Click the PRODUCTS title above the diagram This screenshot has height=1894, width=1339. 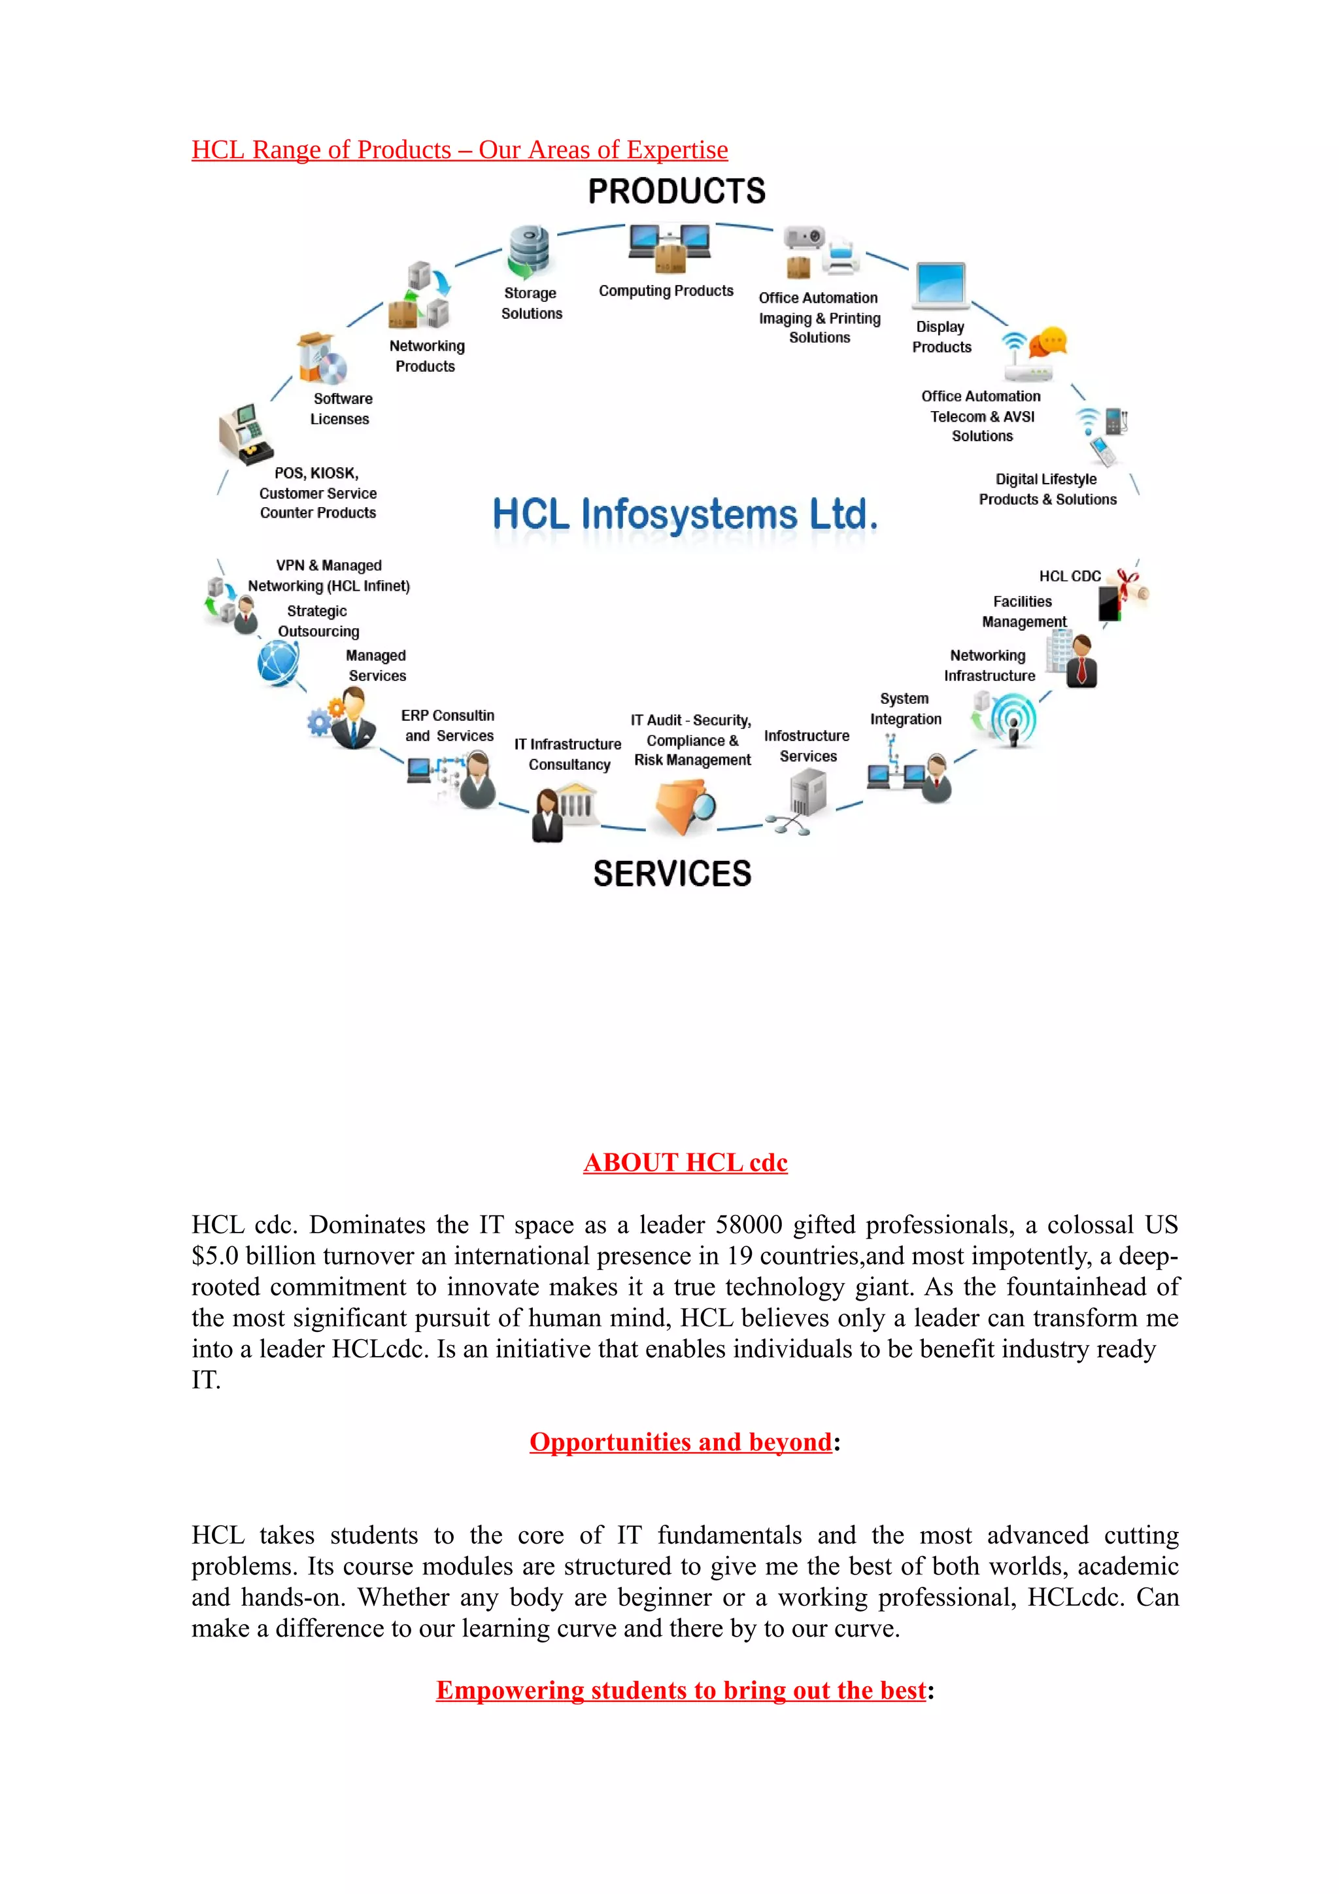(x=677, y=191)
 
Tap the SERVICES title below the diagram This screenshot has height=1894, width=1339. (x=672, y=874)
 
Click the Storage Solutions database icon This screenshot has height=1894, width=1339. (x=529, y=250)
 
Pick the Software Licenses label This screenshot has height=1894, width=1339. (x=341, y=408)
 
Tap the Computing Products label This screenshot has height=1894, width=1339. (x=666, y=290)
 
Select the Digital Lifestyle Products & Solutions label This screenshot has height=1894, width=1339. (x=1047, y=489)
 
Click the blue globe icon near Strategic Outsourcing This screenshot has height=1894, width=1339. (x=278, y=663)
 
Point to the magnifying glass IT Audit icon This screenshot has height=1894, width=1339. (x=686, y=806)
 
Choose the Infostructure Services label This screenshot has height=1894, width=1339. (x=807, y=746)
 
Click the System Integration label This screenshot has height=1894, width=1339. (x=905, y=708)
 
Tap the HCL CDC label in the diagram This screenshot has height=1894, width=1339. (x=1069, y=576)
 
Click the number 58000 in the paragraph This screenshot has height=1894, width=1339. (x=749, y=1224)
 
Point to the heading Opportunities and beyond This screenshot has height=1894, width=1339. (x=681, y=1441)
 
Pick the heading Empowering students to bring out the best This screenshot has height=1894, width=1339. (x=681, y=1690)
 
